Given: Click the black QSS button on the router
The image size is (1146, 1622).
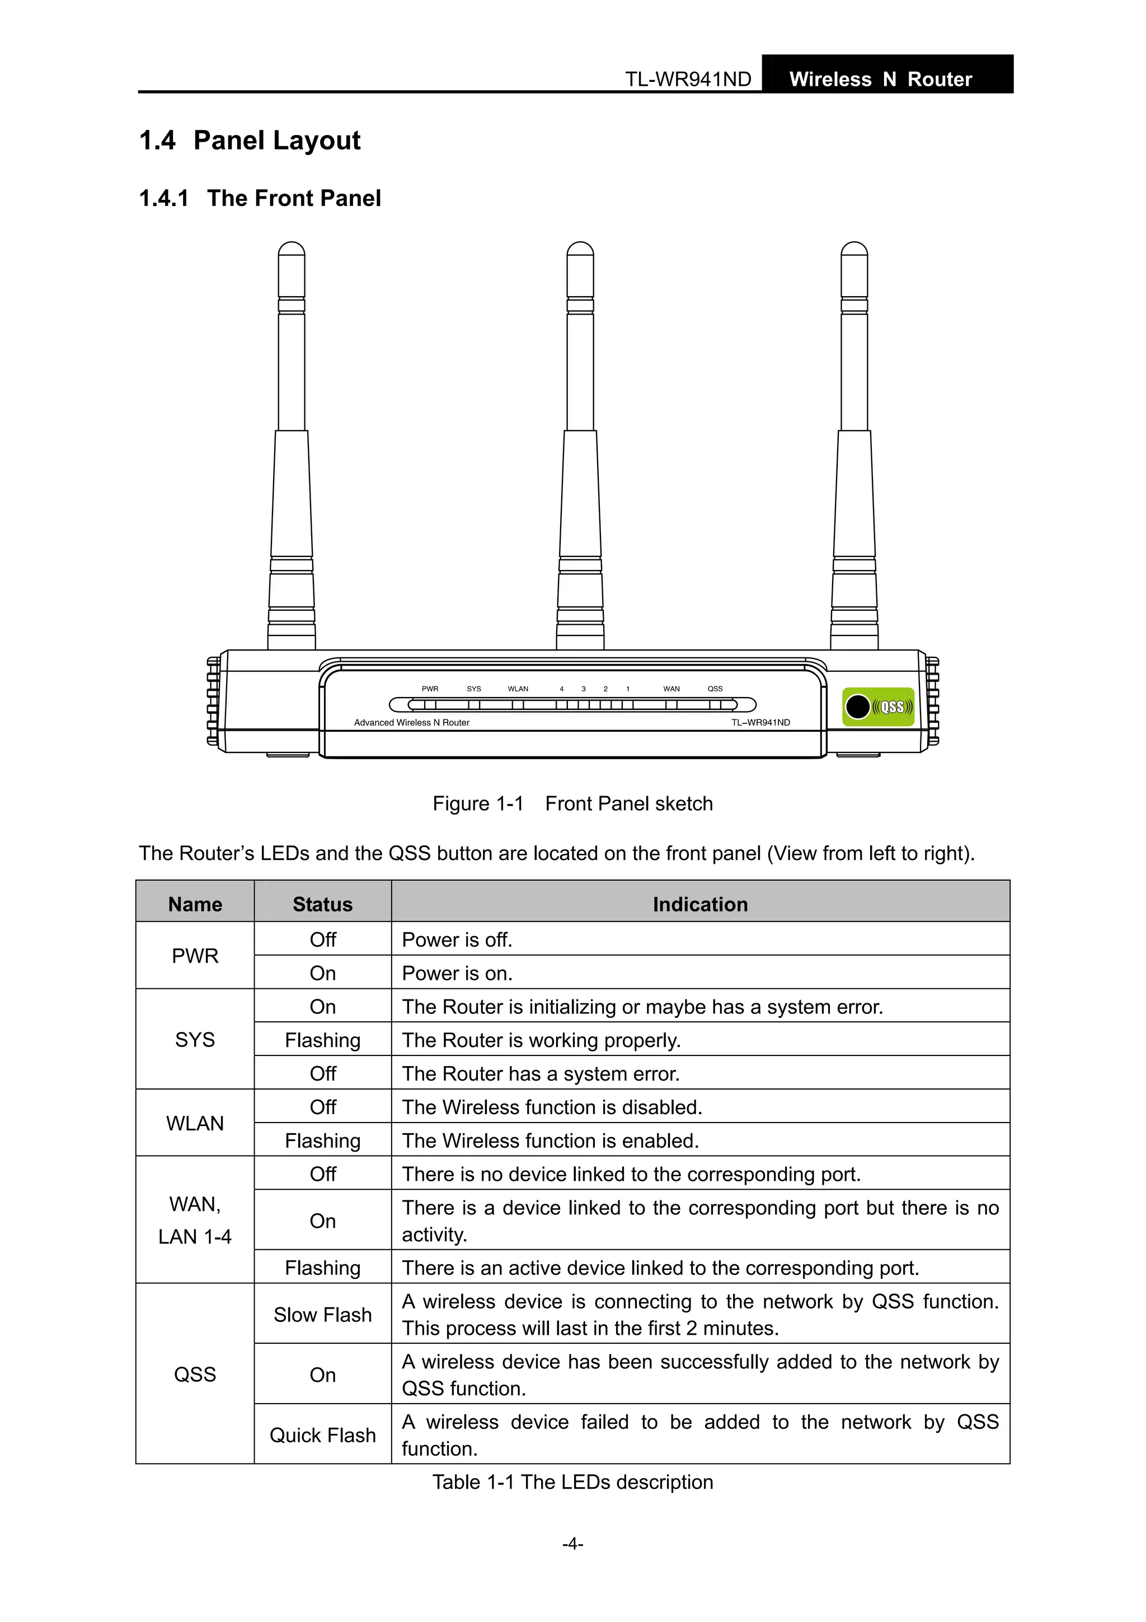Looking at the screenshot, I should tap(857, 707).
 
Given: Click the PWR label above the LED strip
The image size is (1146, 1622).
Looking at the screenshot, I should tap(429, 689).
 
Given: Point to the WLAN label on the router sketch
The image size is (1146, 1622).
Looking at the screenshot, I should tap(518, 689).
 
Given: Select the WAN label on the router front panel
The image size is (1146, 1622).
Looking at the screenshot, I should tap(671, 689).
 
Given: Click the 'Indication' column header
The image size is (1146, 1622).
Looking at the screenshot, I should tap(700, 904).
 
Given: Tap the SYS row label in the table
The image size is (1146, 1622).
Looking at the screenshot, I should tap(195, 1040).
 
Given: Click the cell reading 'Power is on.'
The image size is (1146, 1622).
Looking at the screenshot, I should tap(457, 974).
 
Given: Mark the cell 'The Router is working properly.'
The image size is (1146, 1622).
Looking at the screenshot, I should tap(541, 1041).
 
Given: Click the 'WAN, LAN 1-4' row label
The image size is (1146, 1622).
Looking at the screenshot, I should tap(195, 1220).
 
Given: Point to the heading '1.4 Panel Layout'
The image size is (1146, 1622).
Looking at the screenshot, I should tap(250, 141).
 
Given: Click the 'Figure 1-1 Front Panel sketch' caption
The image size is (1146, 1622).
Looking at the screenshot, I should tap(572, 804).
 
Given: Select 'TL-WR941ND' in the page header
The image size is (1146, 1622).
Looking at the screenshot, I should tap(688, 79).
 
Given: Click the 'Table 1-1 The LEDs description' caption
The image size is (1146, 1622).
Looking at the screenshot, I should tap(572, 1482).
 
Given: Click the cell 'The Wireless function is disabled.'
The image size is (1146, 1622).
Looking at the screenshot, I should tap(552, 1107).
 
